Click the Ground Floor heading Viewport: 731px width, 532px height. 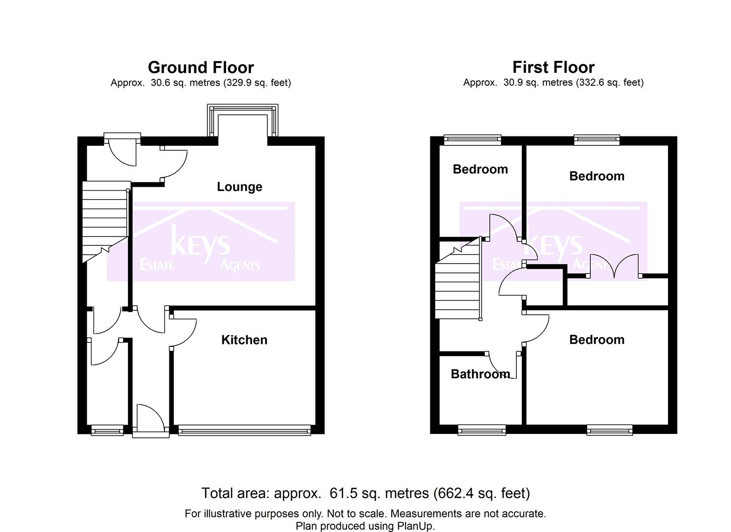coord(201,67)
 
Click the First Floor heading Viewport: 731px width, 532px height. coord(553,67)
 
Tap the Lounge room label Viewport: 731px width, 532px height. coord(240,187)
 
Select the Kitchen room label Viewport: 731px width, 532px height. coord(244,340)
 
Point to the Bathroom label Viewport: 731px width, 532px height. coord(480,374)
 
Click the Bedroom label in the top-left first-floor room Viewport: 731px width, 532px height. coord(480,169)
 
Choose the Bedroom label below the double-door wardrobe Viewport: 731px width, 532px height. coord(597,340)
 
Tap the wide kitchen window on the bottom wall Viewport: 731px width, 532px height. coord(245,430)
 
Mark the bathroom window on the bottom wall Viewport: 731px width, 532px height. coord(482,430)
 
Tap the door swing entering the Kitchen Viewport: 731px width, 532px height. coord(183,332)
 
